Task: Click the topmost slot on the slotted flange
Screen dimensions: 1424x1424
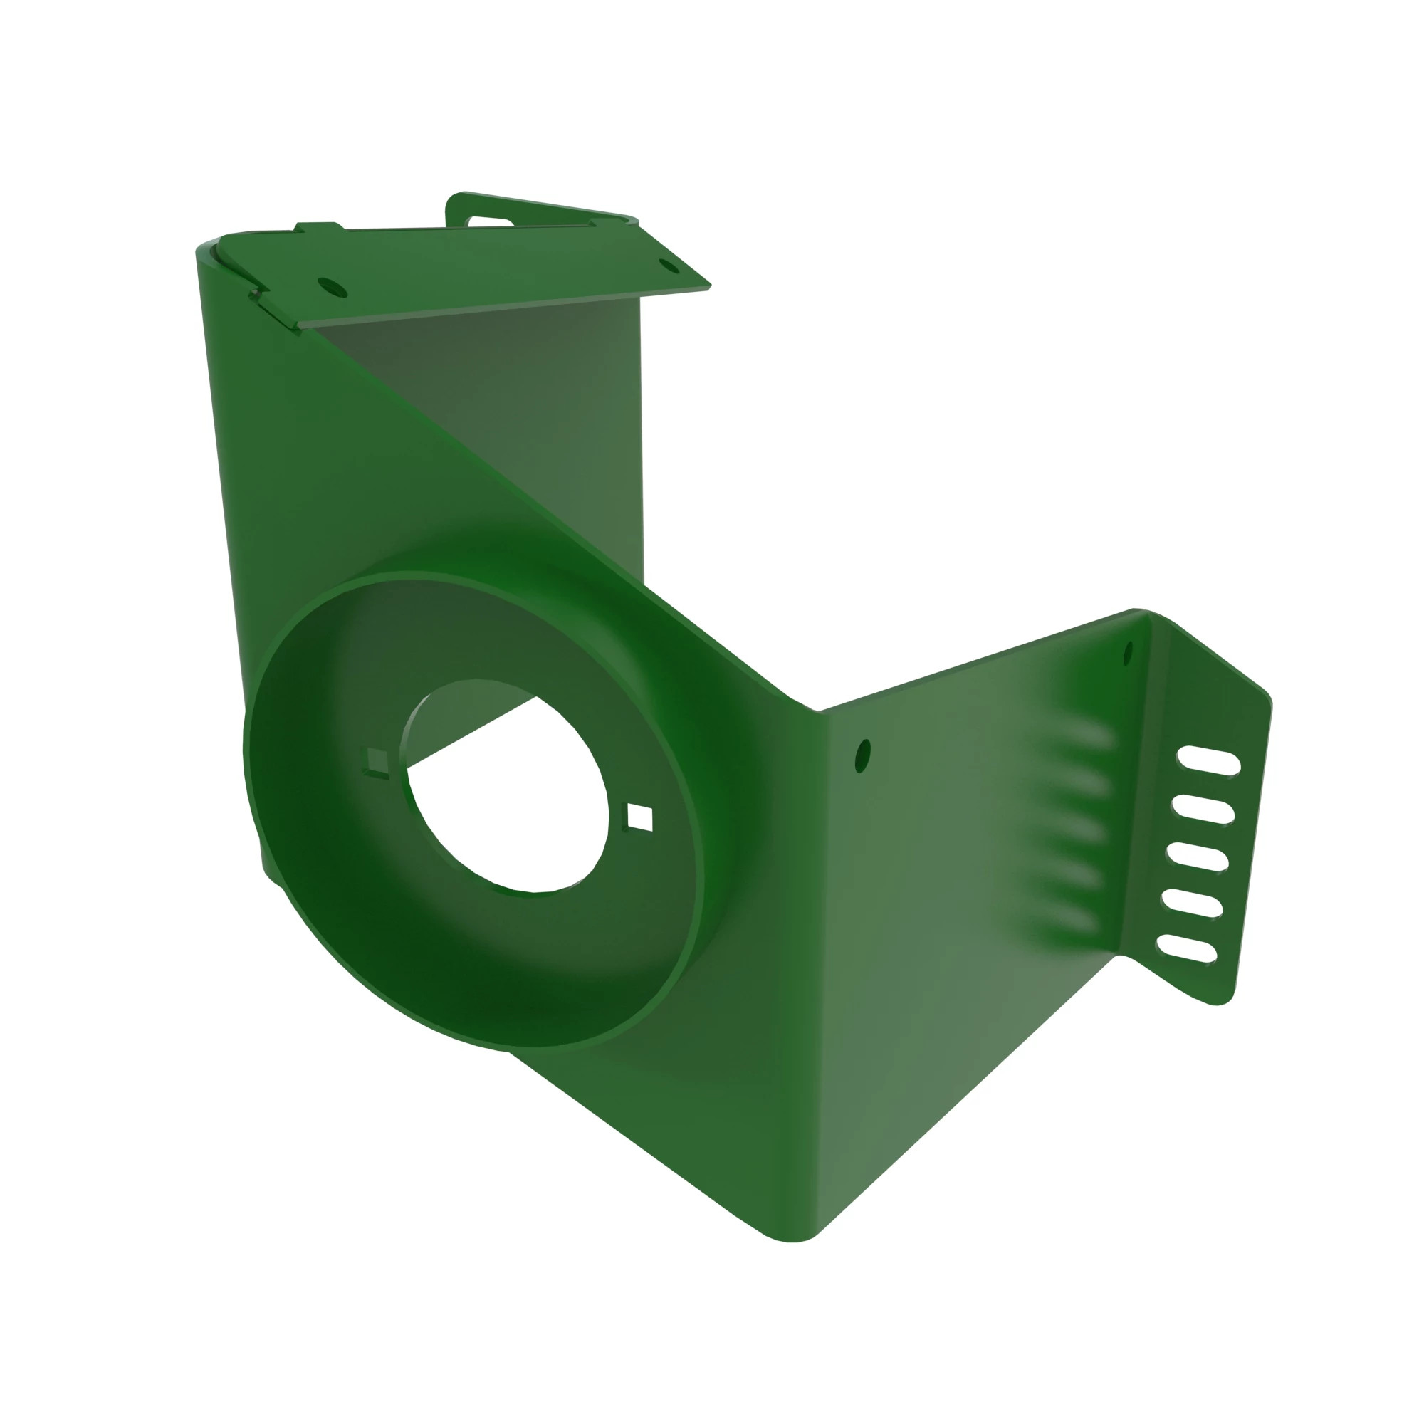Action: click(x=1208, y=760)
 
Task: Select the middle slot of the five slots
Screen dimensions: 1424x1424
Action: click(x=1197, y=856)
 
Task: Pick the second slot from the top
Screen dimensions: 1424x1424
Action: click(x=1203, y=809)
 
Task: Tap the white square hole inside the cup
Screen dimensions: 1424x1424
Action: click(x=640, y=817)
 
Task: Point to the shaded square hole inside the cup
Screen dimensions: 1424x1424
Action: click(x=377, y=761)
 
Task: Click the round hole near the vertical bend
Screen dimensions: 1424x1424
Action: click(x=862, y=756)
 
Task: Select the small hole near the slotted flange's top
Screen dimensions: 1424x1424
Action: click(x=1128, y=654)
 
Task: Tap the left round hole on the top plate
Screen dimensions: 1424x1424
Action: click(x=332, y=287)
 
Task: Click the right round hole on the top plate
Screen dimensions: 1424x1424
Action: click(x=669, y=266)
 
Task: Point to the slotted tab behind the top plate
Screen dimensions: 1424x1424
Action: click(x=491, y=221)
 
